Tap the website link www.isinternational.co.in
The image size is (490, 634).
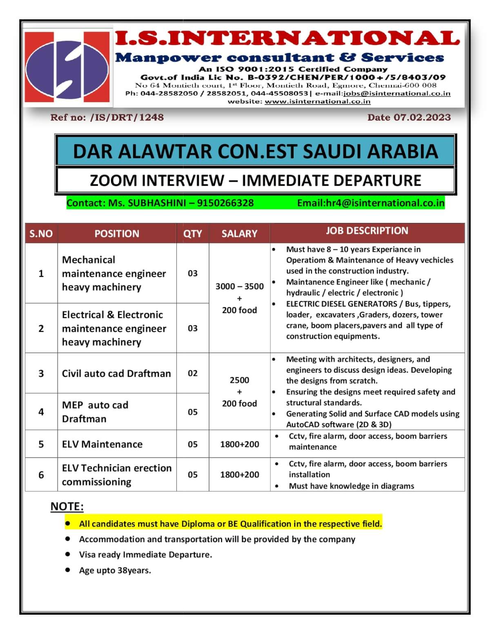[317, 102]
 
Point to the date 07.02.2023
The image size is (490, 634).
[422, 118]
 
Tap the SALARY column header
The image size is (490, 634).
[239, 234]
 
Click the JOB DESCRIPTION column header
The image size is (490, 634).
[367, 231]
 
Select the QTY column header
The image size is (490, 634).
[192, 234]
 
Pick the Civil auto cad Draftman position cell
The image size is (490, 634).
[116, 374]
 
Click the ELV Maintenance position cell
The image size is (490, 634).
[102, 444]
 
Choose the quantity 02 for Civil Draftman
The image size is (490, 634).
[192, 373]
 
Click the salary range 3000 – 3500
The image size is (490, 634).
[239, 286]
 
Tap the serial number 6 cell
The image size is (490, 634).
[41, 475]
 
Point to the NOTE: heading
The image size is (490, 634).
[67, 507]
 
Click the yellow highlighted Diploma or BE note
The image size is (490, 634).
[230, 524]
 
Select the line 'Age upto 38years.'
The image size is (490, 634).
[115, 570]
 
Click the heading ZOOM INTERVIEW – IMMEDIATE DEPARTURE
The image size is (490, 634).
[255, 180]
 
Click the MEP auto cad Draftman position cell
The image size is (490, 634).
[95, 412]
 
